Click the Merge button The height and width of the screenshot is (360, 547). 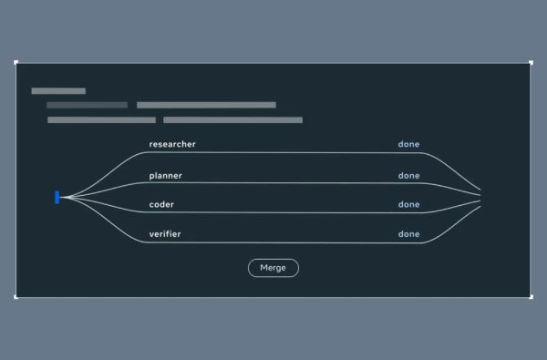pos(273,268)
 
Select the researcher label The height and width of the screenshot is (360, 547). pos(172,144)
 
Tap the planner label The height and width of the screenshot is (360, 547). pos(165,176)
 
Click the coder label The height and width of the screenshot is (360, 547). pos(161,204)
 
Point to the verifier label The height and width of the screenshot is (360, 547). pos(165,234)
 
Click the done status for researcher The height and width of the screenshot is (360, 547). pos(408,144)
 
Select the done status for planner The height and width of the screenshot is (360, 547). pos(408,176)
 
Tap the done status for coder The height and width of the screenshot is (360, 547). pos(408,204)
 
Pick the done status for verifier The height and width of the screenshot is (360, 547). pos(408,234)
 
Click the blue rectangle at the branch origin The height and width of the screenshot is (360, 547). pos(57,197)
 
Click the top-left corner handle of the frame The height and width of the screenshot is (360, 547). pos(15,63)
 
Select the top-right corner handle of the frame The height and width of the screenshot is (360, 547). pos(531,63)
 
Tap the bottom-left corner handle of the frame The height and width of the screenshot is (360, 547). pos(15,297)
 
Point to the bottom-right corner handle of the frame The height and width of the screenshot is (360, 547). pos(531,297)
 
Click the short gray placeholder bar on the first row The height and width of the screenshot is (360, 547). pos(58,91)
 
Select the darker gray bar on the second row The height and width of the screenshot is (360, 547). pos(87,105)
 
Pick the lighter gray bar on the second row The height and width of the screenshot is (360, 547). pos(207,105)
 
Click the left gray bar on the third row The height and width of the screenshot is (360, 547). pos(101,120)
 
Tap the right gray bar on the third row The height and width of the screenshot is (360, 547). pos(233,120)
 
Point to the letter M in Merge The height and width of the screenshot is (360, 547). pos(263,268)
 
